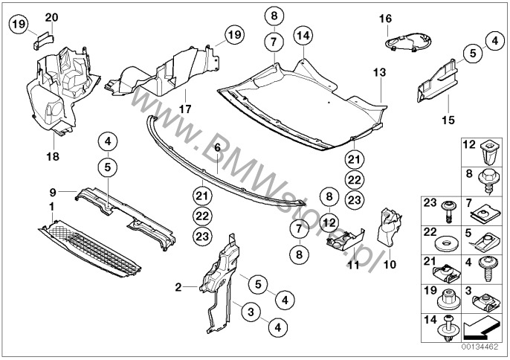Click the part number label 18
coord(53,156)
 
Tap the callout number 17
coord(185,109)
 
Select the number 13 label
coord(379,72)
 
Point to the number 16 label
coord(386,19)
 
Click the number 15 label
coord(448,120)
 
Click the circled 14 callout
coord(303,36)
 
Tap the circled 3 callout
coord(251,312)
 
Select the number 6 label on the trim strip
coord(217,147)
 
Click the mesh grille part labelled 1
coord(89,248)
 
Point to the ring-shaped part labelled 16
coord(408,42)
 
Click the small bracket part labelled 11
coord(345,240)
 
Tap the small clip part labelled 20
coord(42,40)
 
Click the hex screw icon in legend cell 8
coord(487,181)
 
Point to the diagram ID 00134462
coord(480,347)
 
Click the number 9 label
coord(53,193)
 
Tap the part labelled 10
coord(389,228)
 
